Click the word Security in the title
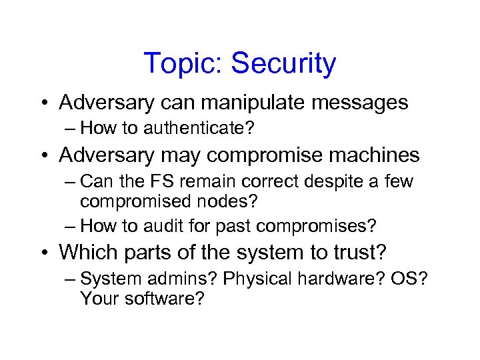tap(283, 64)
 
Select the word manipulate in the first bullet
tap(246, 103)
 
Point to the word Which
tap(86, 252)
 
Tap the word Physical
tap(256, 279)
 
